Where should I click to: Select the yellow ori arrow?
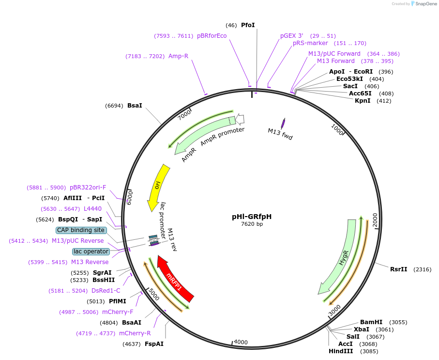158,187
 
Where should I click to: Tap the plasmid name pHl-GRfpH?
252,217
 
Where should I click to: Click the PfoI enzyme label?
248,25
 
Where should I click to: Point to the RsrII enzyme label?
399,269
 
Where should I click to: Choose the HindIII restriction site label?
341,351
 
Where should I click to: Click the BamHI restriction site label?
371,322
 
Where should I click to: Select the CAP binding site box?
81,230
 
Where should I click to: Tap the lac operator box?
91,251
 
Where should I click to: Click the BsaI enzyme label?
135,106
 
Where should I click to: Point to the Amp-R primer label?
178,56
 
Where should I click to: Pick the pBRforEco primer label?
212,36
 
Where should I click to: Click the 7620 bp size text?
252,224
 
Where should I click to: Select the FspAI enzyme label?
154,344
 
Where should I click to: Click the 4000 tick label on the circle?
241,342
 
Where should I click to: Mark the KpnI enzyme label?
363,101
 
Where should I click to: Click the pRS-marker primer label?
310,43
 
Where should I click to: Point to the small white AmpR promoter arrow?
240,119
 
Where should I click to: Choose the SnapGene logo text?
426,4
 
